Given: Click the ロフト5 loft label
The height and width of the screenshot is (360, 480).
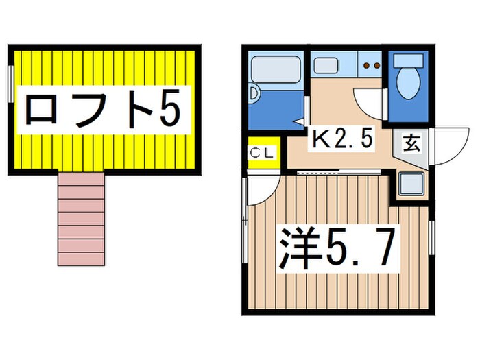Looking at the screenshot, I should point(103,110).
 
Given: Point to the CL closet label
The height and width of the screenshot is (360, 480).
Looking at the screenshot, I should point(261,152).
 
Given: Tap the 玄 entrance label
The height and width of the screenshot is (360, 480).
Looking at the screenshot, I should point(411,144).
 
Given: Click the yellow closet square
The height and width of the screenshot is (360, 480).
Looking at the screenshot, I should point(261,152).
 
